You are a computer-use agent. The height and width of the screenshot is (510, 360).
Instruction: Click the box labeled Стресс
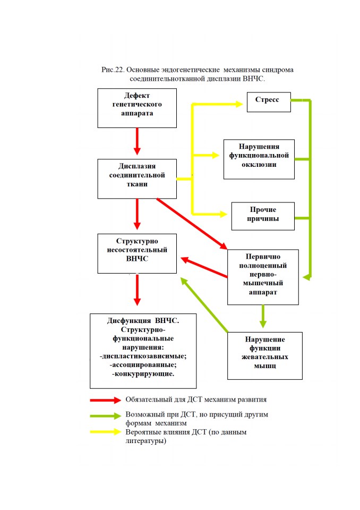point(269,102)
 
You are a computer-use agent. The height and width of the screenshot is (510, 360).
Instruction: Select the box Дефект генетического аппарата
point(137,108)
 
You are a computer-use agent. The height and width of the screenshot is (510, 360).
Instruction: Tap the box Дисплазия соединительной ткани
point(137,179)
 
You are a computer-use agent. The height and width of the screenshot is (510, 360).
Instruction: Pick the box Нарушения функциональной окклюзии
point(259,159)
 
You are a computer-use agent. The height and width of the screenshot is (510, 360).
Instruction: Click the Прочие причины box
point(263,216)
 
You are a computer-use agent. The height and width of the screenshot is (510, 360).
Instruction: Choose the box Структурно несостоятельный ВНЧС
point(137,253)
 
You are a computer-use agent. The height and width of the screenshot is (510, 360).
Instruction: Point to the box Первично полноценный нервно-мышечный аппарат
point(263,277)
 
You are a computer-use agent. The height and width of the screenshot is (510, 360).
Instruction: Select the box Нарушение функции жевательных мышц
point(265,356)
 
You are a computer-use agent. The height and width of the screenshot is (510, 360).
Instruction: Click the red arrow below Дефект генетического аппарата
point(137,141)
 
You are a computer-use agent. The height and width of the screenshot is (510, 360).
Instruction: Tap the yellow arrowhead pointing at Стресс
point(239,104)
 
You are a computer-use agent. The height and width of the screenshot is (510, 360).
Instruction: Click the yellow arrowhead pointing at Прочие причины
point(224,214)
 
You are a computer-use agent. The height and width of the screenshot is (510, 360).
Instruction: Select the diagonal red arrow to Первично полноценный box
point(192,224)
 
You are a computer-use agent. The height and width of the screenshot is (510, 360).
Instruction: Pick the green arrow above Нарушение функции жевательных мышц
point(263,316)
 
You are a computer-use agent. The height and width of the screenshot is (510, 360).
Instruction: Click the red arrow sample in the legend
point(106,400)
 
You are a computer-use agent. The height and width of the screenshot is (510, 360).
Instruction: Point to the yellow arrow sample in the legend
point(106,432)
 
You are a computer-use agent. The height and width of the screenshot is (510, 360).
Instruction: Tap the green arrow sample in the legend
point(106,416)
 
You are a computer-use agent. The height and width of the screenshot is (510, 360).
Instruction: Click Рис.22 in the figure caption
point(113,70)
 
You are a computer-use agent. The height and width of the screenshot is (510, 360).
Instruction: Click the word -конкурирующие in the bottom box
point(143,373)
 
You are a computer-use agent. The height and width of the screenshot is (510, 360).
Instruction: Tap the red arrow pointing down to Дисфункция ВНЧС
point(137,290)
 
